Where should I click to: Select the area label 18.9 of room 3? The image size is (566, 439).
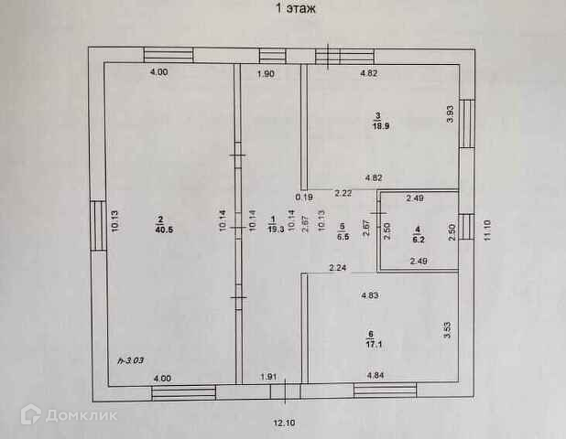[379, 126]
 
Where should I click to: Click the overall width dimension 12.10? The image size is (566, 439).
[286, 423]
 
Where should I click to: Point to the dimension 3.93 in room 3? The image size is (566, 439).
[450, 117]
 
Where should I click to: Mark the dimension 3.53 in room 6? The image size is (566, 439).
[448, 327]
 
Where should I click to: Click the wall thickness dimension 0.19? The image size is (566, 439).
[303, 195]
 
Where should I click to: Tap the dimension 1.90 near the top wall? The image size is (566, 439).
[267, 74]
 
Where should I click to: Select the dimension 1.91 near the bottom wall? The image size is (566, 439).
[269, 376]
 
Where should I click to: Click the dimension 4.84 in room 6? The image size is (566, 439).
[376, 376]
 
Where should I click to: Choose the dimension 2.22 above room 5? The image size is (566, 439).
[343, 193]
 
